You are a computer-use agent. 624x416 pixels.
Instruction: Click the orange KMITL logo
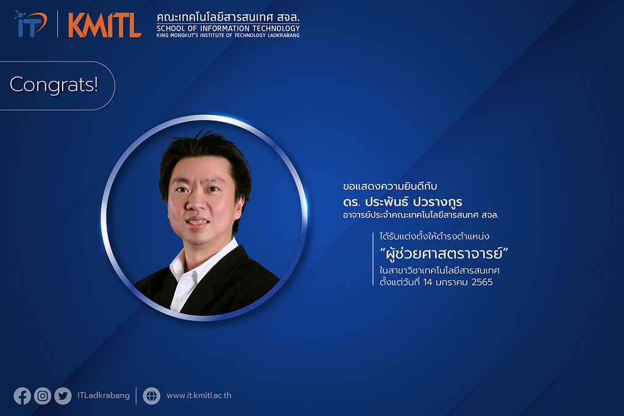pos(105,24)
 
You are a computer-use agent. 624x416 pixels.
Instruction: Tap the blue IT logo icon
pos(30,24)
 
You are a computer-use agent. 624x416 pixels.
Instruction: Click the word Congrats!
pos(54,84)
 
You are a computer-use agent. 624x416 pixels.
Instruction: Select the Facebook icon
pos(23,396)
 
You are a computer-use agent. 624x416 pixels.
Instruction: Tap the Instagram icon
pos(43,396)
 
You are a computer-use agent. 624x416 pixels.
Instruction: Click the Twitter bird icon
pos(63,396)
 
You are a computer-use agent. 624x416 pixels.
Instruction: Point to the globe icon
pos(152,396)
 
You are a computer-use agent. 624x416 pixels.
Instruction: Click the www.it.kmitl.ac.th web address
pos(199,395)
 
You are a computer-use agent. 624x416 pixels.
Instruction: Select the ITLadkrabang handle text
pos(104,395)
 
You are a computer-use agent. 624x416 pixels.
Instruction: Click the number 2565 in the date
pos(482,282)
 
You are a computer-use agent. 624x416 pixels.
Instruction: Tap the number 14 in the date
pos(428,282)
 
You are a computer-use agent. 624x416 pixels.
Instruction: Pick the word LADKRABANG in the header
pos(284,35)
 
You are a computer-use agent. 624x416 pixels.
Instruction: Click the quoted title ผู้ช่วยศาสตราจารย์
pos(444,253)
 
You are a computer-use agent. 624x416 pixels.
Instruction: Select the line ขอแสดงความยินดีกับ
pos(390,186)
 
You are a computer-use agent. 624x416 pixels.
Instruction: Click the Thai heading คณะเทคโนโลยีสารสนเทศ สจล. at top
pos(228,18)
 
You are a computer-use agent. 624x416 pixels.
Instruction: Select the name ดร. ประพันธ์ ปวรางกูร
pos(403,202)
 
